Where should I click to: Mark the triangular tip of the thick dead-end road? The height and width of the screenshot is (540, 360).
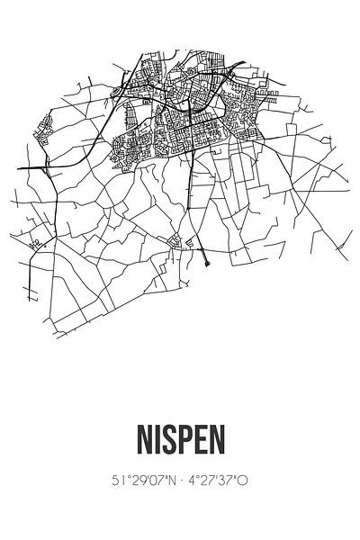click(x=208, y=265)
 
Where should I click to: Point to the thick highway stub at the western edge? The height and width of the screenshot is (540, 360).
click(x=27, y=167)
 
